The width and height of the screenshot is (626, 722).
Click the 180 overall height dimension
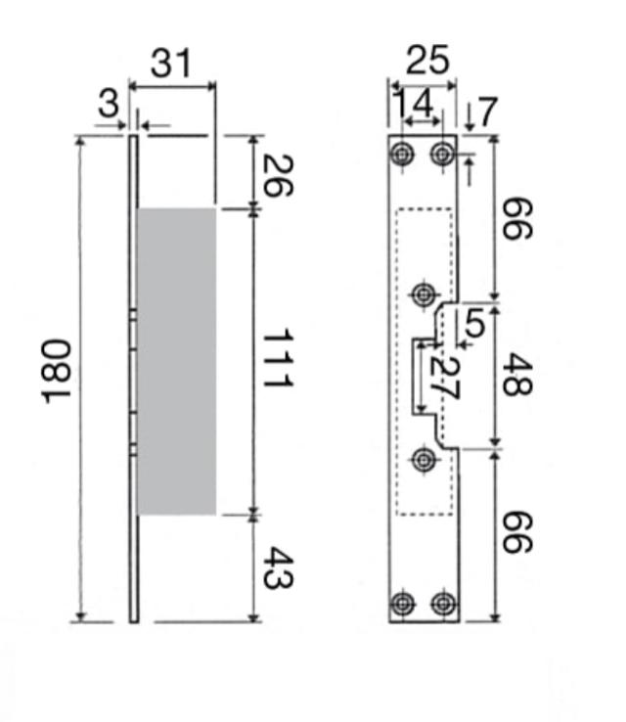57,369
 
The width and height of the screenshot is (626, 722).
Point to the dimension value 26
277,174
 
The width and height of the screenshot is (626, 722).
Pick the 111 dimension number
277,360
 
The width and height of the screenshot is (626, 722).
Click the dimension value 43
277,567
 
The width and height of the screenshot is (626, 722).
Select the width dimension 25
426,61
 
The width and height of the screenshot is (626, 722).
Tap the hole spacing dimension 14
412,101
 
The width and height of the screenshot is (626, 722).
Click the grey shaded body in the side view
176,360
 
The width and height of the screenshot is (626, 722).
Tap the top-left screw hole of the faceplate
403,154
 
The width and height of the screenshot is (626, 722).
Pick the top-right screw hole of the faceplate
444,154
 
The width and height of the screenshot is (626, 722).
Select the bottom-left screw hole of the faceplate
403,603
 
